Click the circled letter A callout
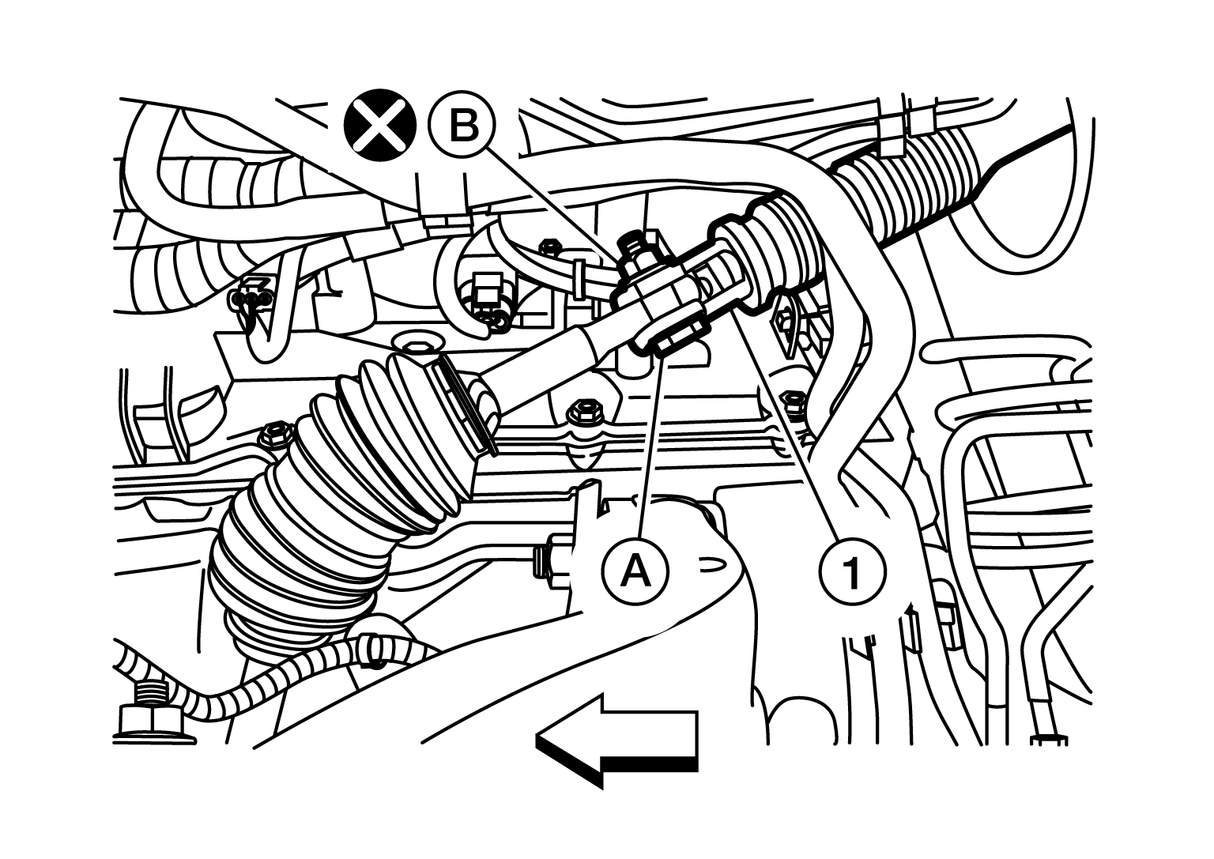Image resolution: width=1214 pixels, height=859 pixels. point(635,571)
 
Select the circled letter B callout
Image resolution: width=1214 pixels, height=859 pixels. point(462,126)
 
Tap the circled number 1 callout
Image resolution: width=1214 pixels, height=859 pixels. point(852,571)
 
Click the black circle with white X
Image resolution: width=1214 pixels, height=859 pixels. point(380,125)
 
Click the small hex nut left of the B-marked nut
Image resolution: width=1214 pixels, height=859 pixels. point(549,247)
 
